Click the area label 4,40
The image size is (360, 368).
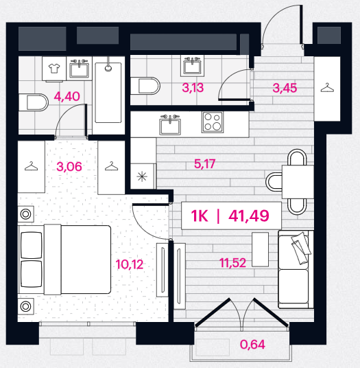point(67,96)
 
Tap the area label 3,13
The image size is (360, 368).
point(193,88)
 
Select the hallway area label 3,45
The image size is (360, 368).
point(285,88)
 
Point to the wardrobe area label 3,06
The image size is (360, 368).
point(69,167)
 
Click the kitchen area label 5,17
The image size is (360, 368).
point(204,164)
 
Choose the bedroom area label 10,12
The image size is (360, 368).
point(130,264)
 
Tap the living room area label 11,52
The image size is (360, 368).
point(233,263)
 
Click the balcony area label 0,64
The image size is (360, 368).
point(252,344)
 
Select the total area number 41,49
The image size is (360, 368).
point(249,216)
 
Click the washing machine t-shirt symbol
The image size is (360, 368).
point(54,68)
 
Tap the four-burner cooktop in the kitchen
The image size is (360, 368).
point(213,122)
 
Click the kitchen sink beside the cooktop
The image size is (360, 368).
point(170,125)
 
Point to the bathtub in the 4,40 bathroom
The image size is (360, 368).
point(108,92)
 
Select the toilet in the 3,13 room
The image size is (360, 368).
point(145,86)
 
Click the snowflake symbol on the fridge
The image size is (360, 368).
point(142,176)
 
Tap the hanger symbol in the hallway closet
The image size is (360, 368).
point(327,88)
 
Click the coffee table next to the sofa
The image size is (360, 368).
point(260,249)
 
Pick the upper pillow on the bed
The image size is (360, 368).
point(32,245)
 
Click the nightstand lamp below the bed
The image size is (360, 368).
point(25,306)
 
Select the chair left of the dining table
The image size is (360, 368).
point(274,181)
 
